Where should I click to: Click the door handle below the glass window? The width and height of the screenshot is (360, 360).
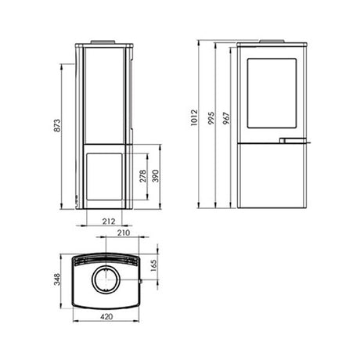[291, 142]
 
